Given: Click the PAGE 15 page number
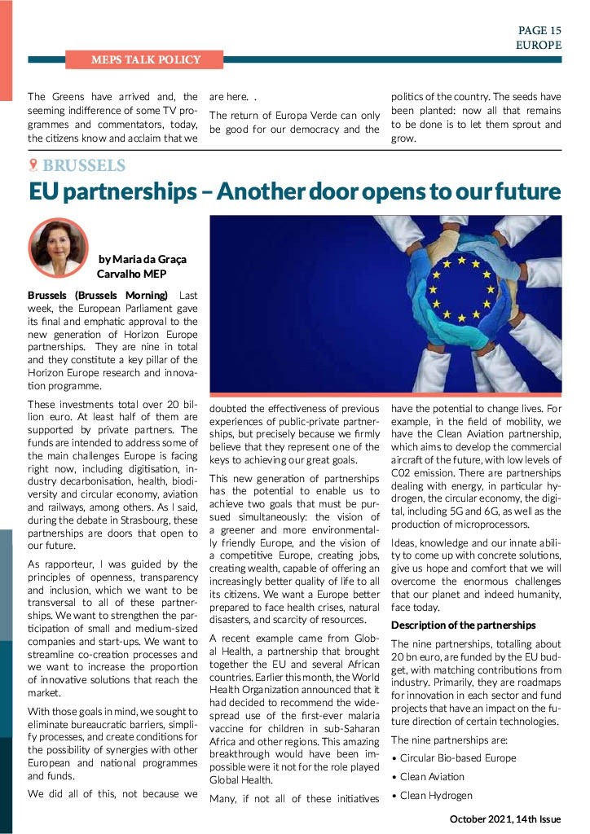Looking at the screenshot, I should tap(540, 30).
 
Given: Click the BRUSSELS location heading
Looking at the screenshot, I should tap(84, 166).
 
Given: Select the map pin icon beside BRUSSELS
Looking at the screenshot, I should tap(33, 166).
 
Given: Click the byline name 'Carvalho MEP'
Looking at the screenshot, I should tap(131, 274).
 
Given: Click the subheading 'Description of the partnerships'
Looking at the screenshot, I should tap(463, 625).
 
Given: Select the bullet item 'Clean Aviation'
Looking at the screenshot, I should tap(434, 777).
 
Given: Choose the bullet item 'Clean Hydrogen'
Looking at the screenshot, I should tap(437, 796).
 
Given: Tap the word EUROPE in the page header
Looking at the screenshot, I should tap(538, 45).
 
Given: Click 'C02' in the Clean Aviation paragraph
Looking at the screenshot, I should tap(405, 472).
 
